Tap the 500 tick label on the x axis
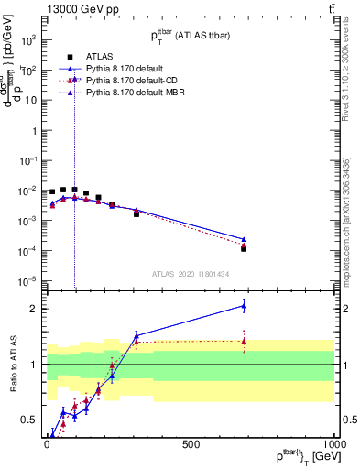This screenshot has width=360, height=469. coord(191,443)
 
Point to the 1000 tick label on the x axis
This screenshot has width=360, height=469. coord(333,443)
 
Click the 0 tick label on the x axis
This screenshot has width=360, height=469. coord(47,443)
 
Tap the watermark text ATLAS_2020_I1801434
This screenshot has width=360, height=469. coord(190,273)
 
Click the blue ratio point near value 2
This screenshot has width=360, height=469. coord(244,305)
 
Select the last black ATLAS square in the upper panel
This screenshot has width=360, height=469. coord(244,248)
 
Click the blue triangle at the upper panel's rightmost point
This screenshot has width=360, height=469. coord(244,239)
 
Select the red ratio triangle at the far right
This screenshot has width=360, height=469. coord(244,341)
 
